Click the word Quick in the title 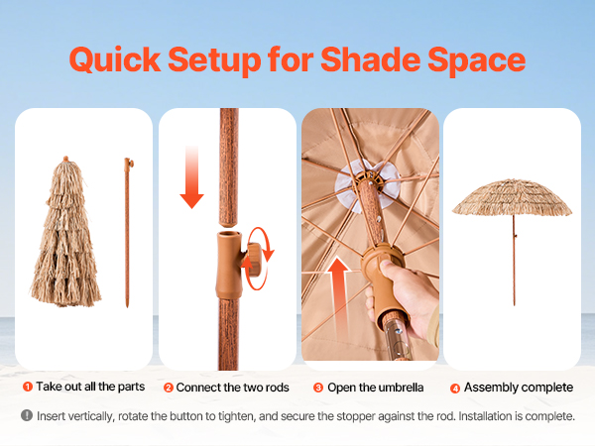(x=115, y=59)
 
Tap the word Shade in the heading (x=371, y=59)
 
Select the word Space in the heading (x=477, y=61)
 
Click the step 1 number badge (x=28, y=387)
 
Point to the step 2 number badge (x=169, y=388)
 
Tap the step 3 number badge (x=318, y=388)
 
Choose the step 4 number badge (x=455, y=389)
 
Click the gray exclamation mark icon (x=27, y=415)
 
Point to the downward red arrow (x=192, y=177)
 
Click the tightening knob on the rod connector (x=255, y=260)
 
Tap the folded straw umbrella (x=65, y=232)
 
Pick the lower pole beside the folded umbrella (x=128, y=233)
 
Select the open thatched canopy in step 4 (x=513, y=198)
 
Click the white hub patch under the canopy (x=367, y=185)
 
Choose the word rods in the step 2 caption (x=277, y=388)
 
